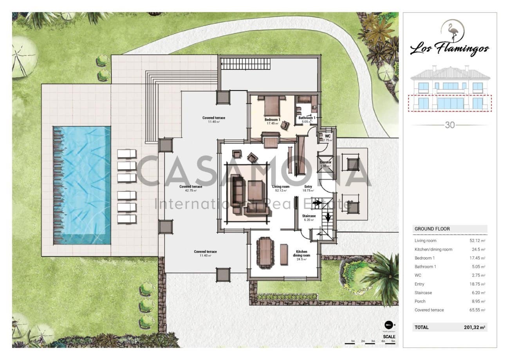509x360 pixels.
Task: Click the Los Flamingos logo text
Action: coord(449,49)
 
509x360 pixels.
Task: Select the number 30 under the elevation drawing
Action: coord(449,126)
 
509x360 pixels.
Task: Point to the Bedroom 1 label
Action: coord(272,119)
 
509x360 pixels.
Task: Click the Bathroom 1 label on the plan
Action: coord(307,118)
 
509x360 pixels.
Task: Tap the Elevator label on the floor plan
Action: coord(325,162)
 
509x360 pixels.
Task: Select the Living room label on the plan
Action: coord(281,187)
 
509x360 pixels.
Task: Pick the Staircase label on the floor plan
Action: coord(309,216)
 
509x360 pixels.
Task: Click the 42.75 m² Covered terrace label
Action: coord(191,187)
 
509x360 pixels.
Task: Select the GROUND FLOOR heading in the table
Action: coord(432,229)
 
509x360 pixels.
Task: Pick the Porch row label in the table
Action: coord(420,301)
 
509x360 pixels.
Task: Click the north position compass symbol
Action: coord(388,324)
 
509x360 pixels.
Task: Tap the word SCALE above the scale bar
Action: coord(389,336)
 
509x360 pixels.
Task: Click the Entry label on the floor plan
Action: coord(308,187)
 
